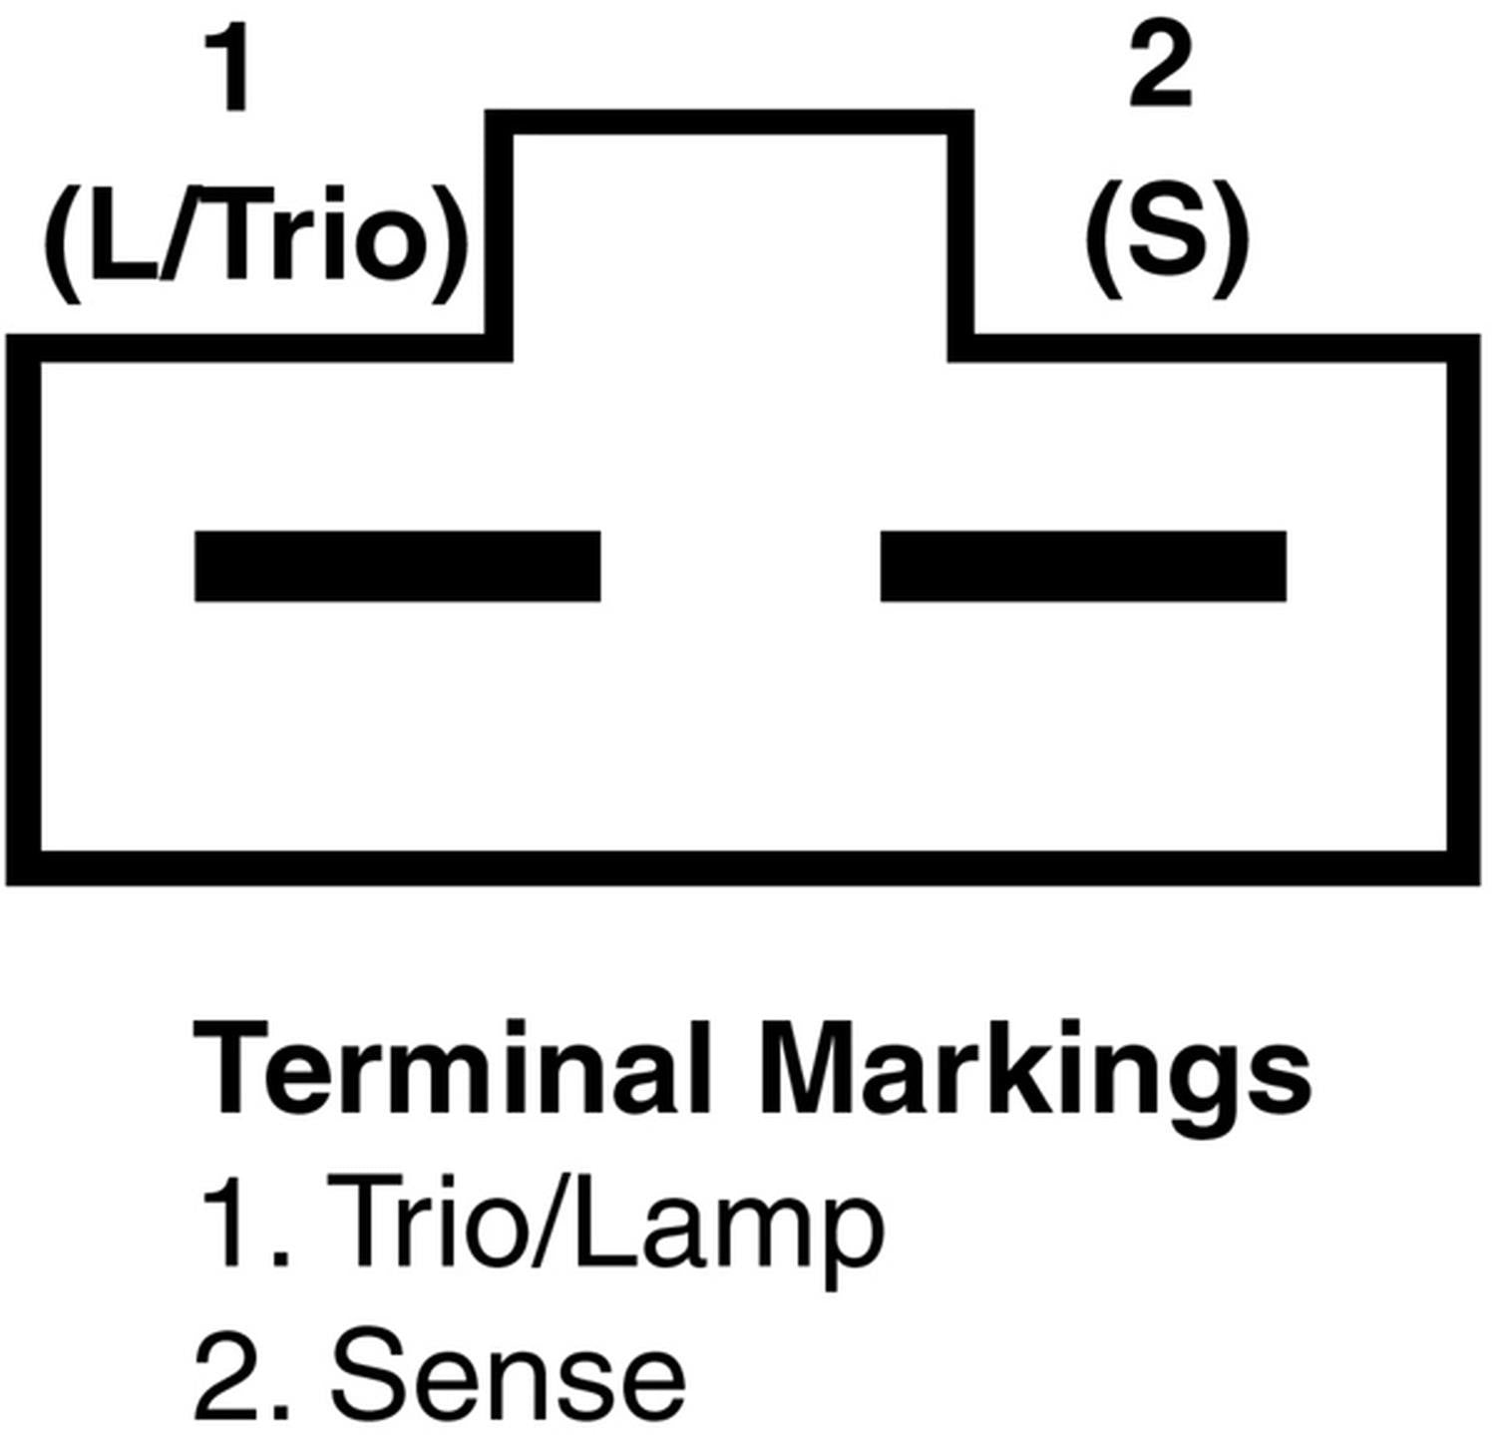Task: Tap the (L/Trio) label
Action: pos(255,243)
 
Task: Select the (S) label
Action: pos(1166,240)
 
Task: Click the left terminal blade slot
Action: pos(397,566)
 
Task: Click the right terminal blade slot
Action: pos(1083,566)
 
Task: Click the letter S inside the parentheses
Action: pos(1166,236)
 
